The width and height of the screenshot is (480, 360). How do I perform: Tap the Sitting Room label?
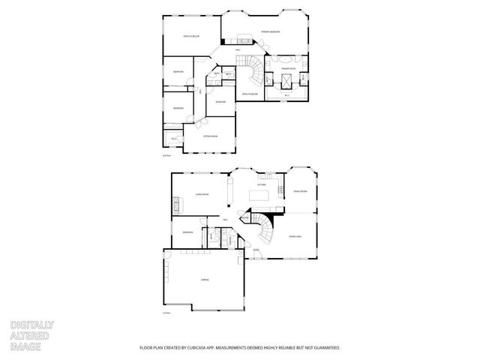point(210,136)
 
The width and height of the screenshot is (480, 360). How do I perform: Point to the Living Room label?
point(202,194)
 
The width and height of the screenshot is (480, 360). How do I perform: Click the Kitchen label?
point(262,184)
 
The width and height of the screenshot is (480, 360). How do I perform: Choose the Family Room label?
point(300,191)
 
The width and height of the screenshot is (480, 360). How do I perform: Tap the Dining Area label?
point(295,235)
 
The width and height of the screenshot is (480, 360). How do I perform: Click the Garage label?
point(205,279)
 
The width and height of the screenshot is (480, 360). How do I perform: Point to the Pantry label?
point(245,217)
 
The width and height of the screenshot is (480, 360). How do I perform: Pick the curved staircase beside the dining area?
point(265,228)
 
